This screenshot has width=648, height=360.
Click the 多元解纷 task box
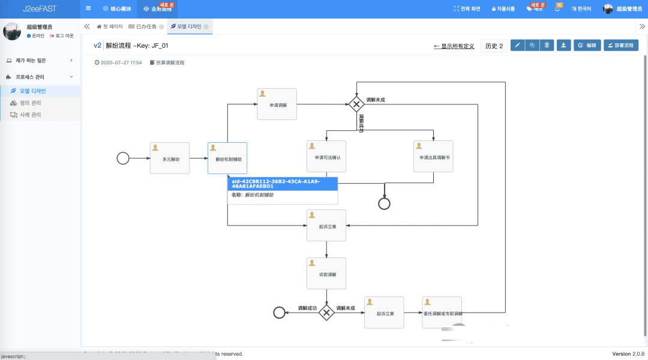169,158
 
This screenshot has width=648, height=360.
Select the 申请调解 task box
277,104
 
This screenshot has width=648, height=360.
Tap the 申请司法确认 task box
326,157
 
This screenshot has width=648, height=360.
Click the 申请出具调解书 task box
433,157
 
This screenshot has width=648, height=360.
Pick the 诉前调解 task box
326,274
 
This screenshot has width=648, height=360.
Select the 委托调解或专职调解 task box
442,313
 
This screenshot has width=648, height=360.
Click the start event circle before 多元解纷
123,158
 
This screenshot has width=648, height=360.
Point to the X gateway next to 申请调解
356,104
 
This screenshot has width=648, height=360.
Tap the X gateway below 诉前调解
326,313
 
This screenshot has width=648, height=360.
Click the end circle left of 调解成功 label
279,313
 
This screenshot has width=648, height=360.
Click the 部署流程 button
620,46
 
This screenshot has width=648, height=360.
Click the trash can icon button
547,46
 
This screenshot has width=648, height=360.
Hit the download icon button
563,46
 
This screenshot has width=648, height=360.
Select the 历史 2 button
494,46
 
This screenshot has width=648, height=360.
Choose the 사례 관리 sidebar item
30,115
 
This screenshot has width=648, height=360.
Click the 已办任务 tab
146,26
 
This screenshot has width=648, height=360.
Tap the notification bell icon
557,9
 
